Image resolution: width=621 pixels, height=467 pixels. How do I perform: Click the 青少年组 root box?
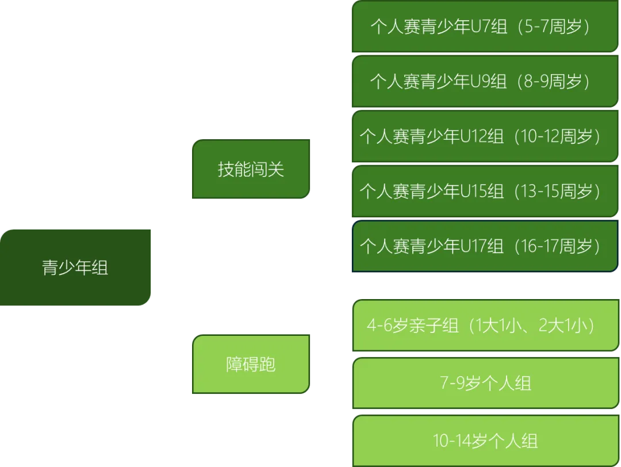(75, 267)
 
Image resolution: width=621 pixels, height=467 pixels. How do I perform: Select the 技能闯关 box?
(251, 169)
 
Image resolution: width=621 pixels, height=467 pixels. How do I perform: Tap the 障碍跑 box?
(251, 364)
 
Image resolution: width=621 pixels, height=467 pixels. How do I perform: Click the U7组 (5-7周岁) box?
(484, 26)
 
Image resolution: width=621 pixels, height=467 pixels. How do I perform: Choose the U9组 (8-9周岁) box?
(484, 81)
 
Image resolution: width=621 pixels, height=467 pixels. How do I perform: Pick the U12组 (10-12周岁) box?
(484, 136)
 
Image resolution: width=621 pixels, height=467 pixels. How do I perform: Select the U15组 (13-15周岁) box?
(484, 190)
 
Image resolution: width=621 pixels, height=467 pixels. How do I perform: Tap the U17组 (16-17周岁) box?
(484, 246)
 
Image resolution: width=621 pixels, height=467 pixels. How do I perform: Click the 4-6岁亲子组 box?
(484, 326)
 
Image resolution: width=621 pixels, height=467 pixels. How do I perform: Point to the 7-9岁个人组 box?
(484, 383)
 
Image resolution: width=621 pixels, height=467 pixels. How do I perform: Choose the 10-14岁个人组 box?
(484, 441)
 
